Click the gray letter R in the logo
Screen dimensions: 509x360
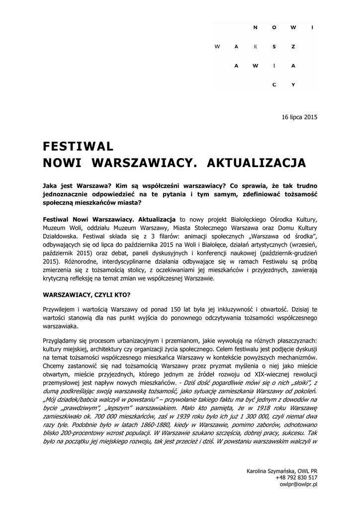255,46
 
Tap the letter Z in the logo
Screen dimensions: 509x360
293,46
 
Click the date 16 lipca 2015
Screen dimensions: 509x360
299,117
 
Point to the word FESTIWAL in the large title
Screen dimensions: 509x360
79,146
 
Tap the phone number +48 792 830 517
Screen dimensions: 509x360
296,477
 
